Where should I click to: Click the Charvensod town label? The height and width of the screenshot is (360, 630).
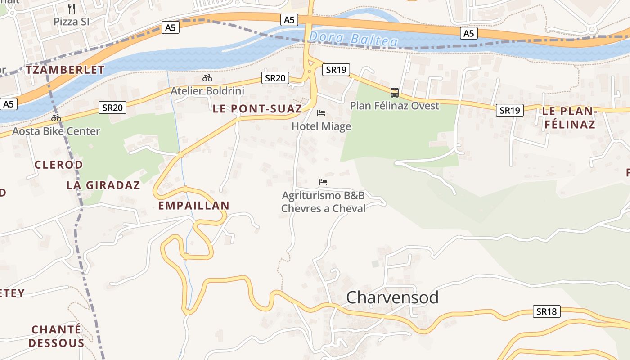392,297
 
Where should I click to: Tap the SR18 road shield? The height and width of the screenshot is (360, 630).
547,311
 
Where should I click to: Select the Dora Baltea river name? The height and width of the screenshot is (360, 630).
354,39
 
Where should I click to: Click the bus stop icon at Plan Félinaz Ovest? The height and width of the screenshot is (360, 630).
395,93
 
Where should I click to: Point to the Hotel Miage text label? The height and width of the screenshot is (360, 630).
321,126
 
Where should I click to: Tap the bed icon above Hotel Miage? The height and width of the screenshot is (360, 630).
321,112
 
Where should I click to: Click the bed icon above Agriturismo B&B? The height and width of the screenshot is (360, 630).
323,182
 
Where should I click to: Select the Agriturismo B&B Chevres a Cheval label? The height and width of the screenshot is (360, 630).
323,202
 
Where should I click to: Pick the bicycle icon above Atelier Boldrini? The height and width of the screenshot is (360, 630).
207,78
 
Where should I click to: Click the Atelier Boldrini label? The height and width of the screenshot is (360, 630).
207,91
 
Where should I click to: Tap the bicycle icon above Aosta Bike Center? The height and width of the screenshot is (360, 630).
56,118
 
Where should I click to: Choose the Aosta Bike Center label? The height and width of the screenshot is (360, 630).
56,131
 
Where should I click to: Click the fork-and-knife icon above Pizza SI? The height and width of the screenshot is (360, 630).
72,8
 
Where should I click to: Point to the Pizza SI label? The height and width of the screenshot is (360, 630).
72,21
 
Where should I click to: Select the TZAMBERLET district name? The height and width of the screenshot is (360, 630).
65,70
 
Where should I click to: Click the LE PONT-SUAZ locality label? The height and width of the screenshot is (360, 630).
257,108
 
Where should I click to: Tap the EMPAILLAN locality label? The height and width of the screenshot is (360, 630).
194,206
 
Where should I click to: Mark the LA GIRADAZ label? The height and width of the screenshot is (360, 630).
103,185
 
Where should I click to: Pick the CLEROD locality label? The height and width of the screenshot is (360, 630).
58,165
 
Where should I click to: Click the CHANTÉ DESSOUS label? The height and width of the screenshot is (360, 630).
56,336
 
